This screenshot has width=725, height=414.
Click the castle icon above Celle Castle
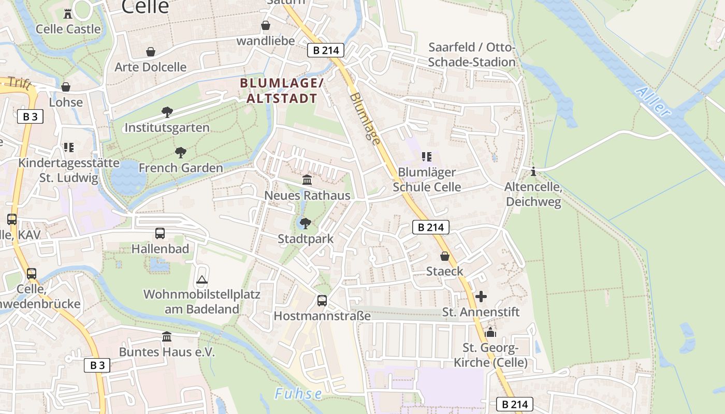(x=68, y=13)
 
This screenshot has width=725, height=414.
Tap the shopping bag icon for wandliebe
(x=266, y=25)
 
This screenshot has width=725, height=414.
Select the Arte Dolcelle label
(x=150, y=67)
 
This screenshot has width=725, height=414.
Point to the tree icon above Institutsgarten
(x=167, y=112)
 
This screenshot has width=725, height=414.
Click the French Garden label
(x=181, y=168)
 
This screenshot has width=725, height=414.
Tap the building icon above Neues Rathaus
(x=307, y=180)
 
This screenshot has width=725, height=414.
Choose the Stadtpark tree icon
(x=306, y=224)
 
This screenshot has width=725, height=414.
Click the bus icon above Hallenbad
(x=160, y=233)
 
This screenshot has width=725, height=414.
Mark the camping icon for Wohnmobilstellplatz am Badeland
(x=201, y=280)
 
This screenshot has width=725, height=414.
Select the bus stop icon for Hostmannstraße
(x=322, y=300)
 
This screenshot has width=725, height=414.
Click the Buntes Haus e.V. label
(x=167, y=352)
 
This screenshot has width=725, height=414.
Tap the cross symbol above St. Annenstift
(x=481, y=297)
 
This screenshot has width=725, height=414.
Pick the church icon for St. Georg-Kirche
(x=490, y=332)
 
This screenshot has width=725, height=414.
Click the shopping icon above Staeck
(x=444, y=256)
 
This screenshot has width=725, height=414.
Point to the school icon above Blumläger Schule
(x=426, y=157)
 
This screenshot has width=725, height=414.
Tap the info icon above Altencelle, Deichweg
(x=533, y=171)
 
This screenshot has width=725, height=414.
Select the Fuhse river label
(x=298, y=394)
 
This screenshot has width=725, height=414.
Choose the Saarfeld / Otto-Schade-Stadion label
(x=472, y=55)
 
